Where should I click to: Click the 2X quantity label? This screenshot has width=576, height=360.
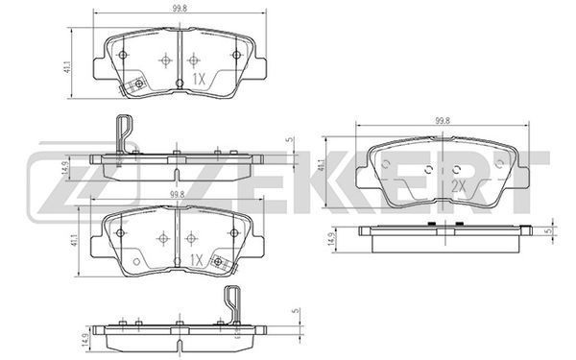tap(458, 187)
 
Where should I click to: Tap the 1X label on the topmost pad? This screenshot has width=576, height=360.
tap(199, 79)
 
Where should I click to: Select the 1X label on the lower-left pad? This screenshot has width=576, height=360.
tap(197, 260)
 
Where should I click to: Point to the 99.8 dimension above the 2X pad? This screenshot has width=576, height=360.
tap(443, 121)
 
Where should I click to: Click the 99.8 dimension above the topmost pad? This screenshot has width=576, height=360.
tap(180, 9)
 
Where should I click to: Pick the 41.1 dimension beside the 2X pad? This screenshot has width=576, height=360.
tap(322, 166)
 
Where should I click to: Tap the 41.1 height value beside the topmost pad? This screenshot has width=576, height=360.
tap(67, 68)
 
